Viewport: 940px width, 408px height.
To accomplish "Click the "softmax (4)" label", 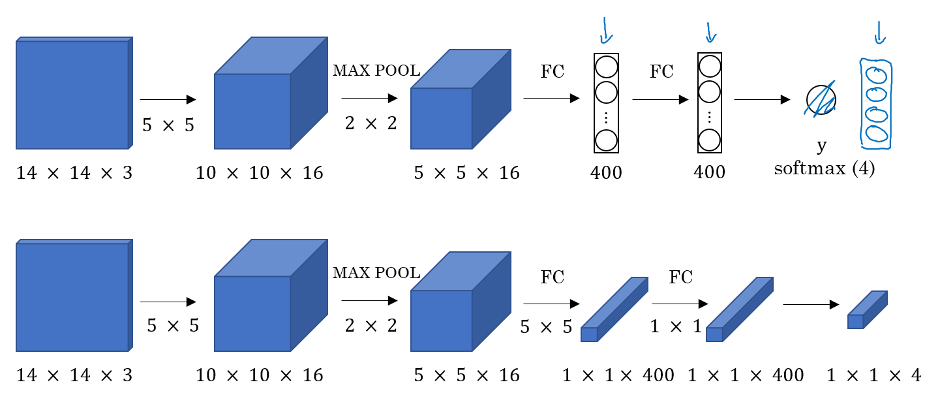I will tap(824, 169).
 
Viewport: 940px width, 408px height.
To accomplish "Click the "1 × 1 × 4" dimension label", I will tap(873, 375).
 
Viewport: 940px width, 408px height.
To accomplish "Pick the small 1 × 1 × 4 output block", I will tap(867, 310).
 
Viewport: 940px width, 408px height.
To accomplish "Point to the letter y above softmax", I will tap(822, 144).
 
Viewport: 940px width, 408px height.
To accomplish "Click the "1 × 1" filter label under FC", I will tap(674, 326).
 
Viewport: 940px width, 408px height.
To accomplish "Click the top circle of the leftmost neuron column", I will tap(606, 67).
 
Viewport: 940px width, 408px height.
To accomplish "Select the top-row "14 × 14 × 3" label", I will tap(74, 173).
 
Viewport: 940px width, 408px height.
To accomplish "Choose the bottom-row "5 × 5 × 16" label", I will tap(466, 375).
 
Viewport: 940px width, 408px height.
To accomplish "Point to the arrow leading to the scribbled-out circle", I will tap(762, 100).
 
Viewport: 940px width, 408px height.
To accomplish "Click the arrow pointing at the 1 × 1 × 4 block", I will tap(810, 304).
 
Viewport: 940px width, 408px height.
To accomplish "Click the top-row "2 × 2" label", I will tap(371, 123).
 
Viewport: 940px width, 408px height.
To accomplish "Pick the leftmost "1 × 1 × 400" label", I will tap(609, 375).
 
